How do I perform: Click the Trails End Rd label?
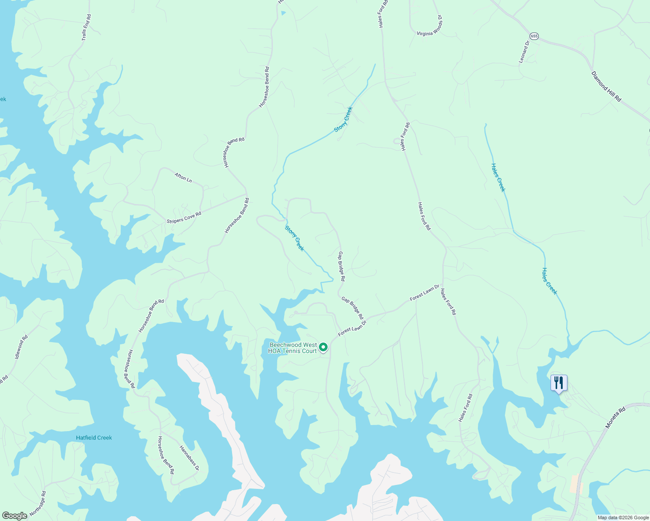click(x=86, y=28)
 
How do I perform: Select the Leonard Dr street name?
click(x=524, y=52)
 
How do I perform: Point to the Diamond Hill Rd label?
click(x=606, y=86)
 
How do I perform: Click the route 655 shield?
click(x=534, y=36)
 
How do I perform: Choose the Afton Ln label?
click(x=183, y=177)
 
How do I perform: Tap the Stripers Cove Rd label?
click(x=184, y=218)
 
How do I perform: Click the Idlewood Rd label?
click(x=21, y=346)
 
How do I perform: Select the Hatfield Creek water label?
click(x=94, y=438)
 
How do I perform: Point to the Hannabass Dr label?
click(x=189, y=458)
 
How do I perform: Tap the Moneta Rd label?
click(x=615, y=418)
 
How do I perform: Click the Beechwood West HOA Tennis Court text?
click(x=293, y=348)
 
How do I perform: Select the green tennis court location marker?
click(x=323, y=347)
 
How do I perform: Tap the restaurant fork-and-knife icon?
click(x=559, y=383)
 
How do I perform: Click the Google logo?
click(x=15, y=516)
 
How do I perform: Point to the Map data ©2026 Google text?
click(x=622, y=518)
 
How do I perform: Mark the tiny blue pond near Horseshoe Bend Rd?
click(x=284, y=13)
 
